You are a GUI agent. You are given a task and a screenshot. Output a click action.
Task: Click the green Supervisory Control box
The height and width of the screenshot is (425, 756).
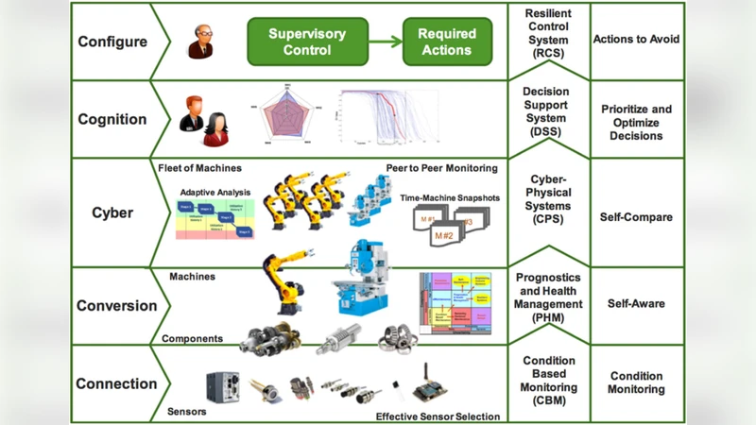(x=308, y=42)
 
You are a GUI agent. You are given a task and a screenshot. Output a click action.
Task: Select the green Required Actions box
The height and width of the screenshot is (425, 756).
(x=446, y=42)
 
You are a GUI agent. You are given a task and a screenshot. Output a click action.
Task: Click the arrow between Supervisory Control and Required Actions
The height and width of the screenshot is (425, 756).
(x=385, y=42)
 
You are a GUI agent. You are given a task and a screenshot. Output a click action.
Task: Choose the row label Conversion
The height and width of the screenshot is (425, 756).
(x=117, y=306)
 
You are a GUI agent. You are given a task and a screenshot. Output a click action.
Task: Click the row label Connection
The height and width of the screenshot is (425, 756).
(x=117, y=383)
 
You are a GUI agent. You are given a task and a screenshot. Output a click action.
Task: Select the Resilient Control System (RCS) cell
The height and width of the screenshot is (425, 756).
(x=548, y=41)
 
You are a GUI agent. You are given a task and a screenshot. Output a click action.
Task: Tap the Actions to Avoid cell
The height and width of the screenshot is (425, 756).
(x=636, y=40)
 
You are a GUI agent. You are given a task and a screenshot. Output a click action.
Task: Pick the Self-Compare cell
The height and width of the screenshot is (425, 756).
(x=636, y=217)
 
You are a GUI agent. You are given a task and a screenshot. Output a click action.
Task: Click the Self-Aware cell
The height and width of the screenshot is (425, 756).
(x=636, y=304)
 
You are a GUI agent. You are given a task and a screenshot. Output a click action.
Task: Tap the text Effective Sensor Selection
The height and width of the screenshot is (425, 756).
(x=438, y=416)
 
